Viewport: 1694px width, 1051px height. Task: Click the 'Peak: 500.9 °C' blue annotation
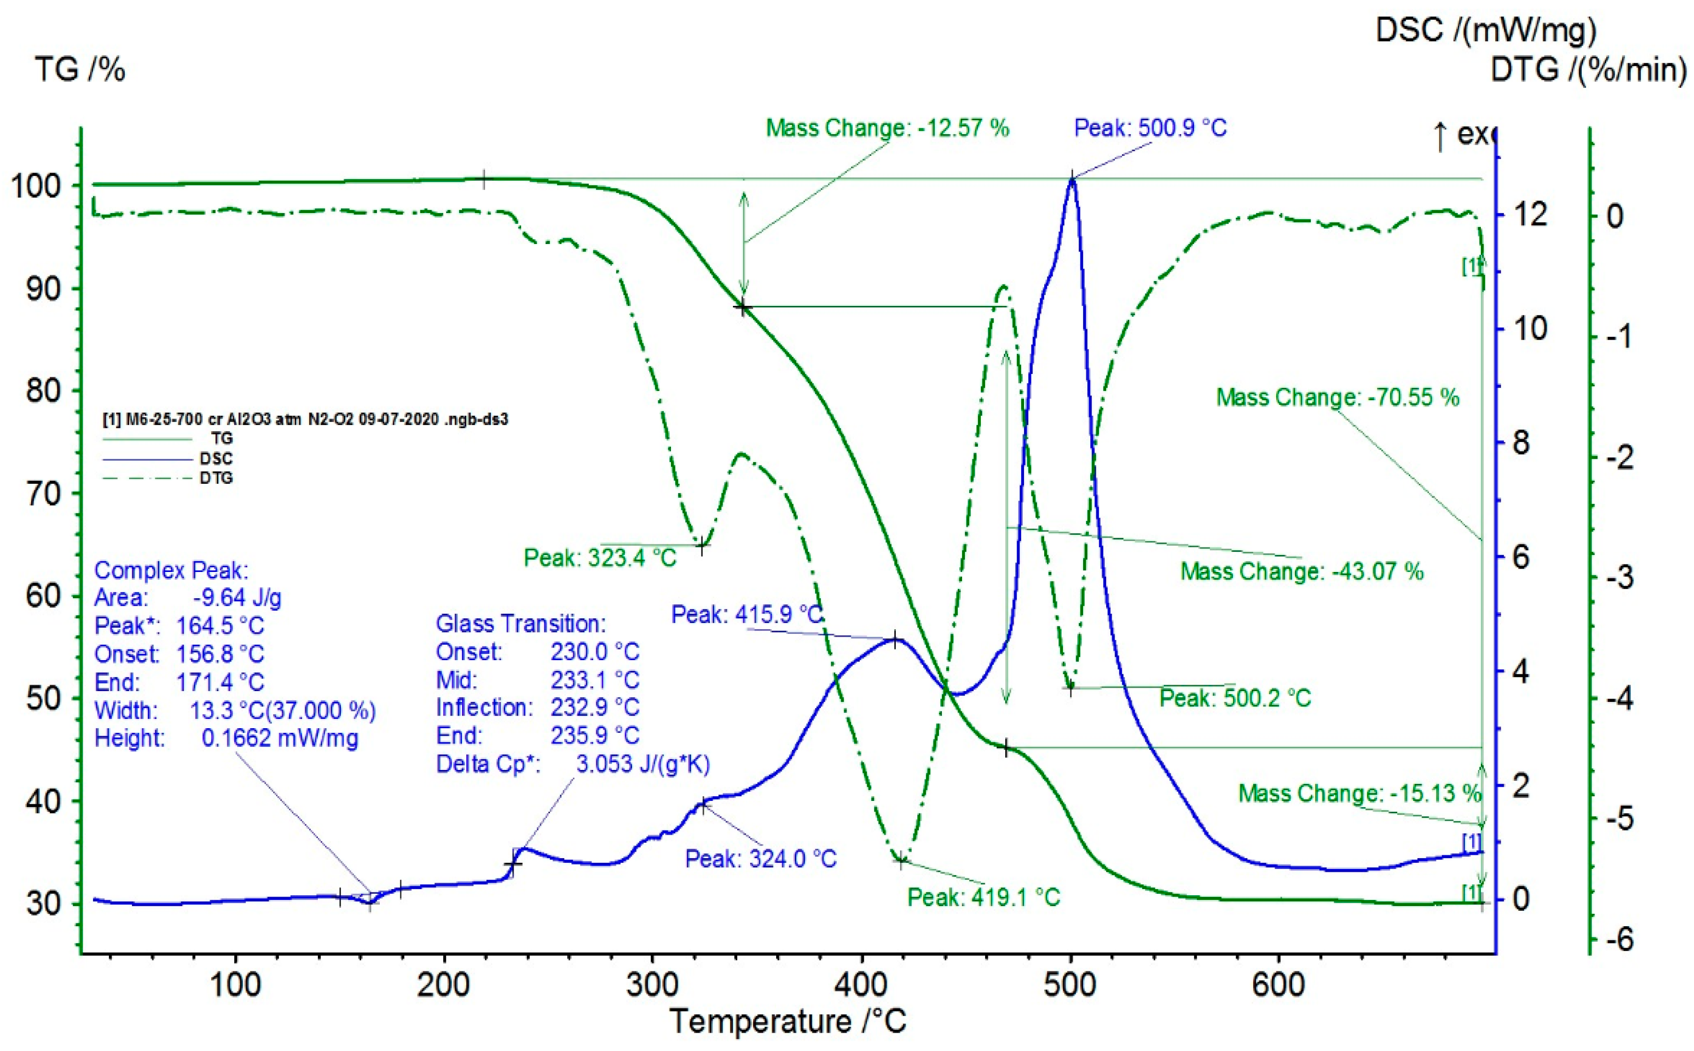1150,128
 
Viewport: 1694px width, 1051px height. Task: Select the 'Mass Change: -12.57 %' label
887,128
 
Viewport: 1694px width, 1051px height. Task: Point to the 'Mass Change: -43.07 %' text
1302,571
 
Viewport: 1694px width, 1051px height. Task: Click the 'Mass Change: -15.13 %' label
1360,793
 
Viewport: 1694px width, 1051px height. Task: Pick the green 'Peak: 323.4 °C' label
600,557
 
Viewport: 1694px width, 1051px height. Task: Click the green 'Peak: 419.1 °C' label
983,898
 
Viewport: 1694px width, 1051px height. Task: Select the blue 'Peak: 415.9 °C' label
747,615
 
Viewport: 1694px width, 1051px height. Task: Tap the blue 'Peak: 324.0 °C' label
761,859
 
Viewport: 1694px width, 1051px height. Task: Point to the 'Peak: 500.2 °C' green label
1235,698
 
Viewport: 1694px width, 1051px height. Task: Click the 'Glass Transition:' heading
521,624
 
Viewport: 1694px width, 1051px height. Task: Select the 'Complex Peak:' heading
171,571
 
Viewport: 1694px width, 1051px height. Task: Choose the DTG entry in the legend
216,478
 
